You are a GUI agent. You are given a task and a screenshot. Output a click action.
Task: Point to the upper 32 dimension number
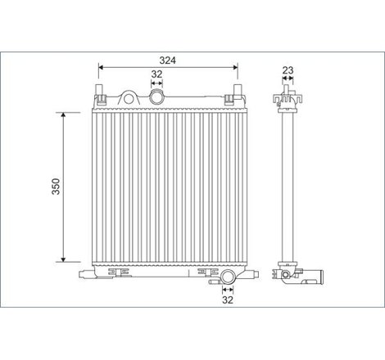click(x=156, y=74)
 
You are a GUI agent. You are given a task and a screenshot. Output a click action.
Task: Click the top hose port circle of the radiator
click(x=157, y=98)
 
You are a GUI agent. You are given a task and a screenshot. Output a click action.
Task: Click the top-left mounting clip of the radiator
click(x=102, y=99)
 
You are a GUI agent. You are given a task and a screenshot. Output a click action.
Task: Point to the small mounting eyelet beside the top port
click(x=129, y=96)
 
